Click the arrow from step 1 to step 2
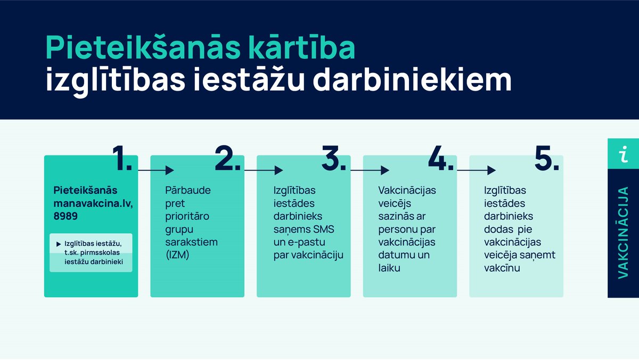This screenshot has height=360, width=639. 156,170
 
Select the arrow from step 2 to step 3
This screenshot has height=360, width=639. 263,170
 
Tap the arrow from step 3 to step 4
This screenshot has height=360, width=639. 369,170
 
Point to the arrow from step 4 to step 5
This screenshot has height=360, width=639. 476,170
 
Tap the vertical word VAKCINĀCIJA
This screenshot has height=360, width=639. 623,232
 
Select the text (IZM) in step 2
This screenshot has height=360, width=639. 178,255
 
